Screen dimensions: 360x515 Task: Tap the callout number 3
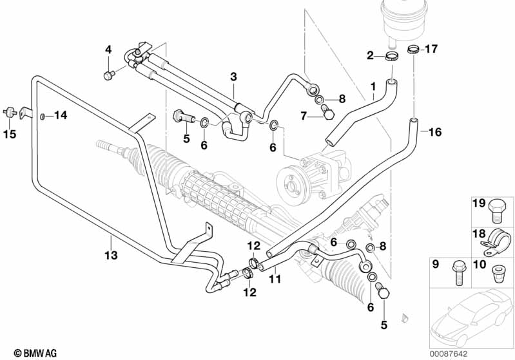point(233,77)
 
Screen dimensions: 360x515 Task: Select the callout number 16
point(435,133)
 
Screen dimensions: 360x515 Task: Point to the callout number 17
point(431,48)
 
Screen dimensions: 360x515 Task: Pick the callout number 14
point(60,116)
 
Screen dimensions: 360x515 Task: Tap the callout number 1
point(373,86)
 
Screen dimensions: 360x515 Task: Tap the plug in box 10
point(496,273)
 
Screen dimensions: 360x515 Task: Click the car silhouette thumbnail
point(473,316)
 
